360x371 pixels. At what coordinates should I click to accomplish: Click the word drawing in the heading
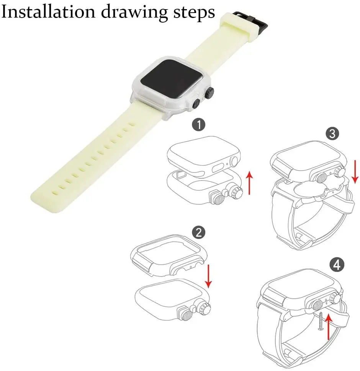134,12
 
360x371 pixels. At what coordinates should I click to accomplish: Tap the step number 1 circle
198,125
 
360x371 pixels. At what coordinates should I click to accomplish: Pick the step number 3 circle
332,133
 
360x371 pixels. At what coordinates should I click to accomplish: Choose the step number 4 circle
336,265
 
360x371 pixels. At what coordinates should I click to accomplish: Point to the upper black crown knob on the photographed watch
209,93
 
